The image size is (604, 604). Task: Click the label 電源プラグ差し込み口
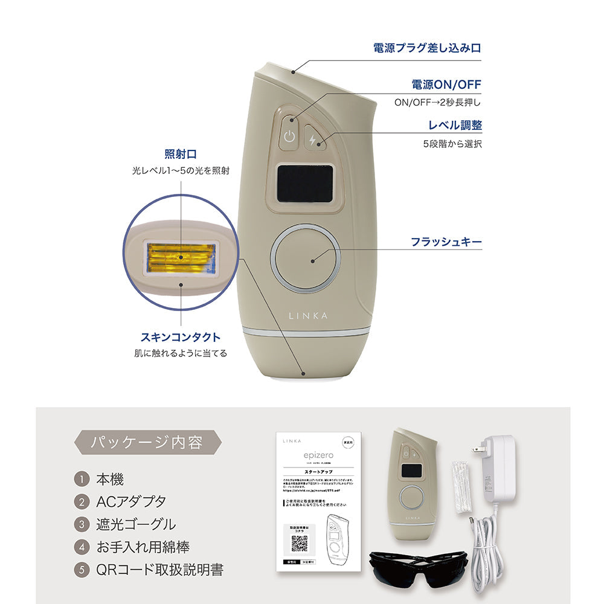coord(428,48)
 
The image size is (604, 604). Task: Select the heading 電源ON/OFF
coord(446,85)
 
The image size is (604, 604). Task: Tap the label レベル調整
coord(455,126)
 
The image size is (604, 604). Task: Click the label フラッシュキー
coord(446,242)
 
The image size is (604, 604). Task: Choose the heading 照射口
coord(181,154)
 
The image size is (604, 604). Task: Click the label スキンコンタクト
coord(181,337)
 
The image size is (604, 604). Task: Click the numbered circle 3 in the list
coord(82,524)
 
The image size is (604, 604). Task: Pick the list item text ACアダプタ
coord(130,501)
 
